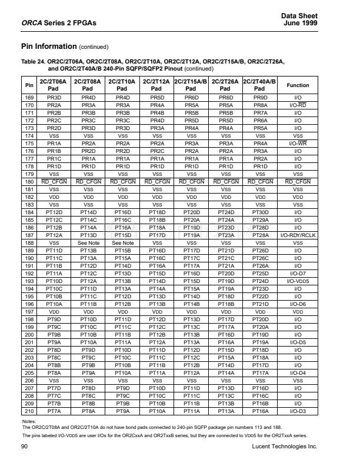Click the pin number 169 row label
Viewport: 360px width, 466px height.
click(x=29, y=96)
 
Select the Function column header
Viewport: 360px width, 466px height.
click(x=298, y=85)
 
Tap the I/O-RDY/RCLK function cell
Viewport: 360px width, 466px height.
click(x=298, y=235)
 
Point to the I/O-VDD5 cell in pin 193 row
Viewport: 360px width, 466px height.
click(x=298, y=281)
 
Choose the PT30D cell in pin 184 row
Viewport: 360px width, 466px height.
click(x=260, y=212)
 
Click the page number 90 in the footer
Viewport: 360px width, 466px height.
click(x=24, y=447)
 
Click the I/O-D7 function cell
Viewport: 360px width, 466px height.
click(x=298, y=274)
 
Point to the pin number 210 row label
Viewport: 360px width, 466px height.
click(x=29, y=412)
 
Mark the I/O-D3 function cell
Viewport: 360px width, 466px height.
click(x=298, y=412)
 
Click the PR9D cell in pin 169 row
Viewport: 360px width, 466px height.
click(x=260, y=96)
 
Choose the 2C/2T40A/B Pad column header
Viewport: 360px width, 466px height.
click(x=260, y=85)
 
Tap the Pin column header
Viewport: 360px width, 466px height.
click(x=29, y=85)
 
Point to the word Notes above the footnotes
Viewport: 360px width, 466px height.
click(x=29, y=422)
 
